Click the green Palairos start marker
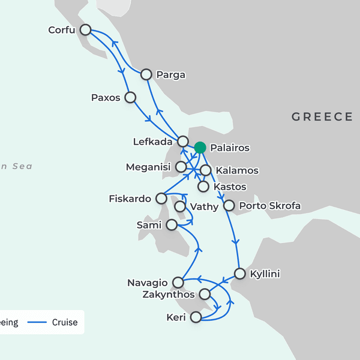[x=200, y=148]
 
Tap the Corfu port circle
[x=86, y=29]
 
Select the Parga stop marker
[x=146, y=74]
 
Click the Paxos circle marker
[x=130, y=97]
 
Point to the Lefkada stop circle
[x=183, y=142]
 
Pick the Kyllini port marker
[x=239, y=274]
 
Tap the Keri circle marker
[x=196, y=317]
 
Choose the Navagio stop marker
[x=178, y=282]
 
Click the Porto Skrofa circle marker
[x=229, y=206]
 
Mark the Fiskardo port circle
[x=161, y=198]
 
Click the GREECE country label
[x=322, y=117]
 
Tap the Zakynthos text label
[x=169, y=295]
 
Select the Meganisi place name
[x=148, y=167]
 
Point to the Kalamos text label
[x=237, y=170]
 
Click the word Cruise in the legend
[x=64, y=322]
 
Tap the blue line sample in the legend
[x=38, y=322]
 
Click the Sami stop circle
[x=172, y=224]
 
